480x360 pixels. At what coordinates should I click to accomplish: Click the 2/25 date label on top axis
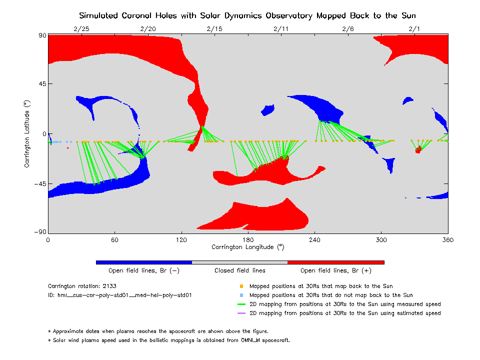pos(81,29)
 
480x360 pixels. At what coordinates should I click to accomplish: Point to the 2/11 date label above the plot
pos(281,29)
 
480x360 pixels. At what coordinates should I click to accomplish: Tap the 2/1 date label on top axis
pos(414,29)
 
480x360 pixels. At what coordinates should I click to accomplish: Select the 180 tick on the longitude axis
pos(248,239)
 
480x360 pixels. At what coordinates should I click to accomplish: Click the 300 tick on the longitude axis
pos(381,239)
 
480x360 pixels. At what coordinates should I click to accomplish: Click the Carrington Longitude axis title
pos(248,247)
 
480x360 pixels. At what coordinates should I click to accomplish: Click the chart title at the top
pos(248,15)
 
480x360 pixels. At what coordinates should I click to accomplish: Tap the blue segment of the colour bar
pos(144,262)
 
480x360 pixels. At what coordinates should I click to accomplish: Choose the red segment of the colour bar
pos(336,262)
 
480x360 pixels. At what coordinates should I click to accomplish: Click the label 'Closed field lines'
pos(240,270)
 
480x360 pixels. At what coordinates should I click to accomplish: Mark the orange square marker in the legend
pos(241,286)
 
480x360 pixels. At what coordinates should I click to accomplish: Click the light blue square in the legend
pos(241,295)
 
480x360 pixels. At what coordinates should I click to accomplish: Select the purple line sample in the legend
pos(241,313)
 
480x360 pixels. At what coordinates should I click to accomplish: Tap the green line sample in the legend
pos(241,304)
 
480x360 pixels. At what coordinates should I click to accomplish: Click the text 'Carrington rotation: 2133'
pos(81,286)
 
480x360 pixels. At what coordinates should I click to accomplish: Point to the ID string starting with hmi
pos(120,295)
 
